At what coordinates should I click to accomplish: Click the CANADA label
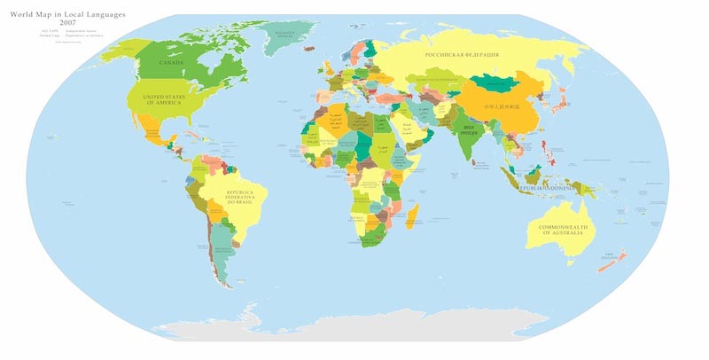171,64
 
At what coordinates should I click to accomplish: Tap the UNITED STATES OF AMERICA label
164,100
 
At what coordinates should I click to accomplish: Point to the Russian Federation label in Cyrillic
461,55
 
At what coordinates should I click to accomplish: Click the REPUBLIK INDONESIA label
549,189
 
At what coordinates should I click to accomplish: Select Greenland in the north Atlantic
284,35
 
